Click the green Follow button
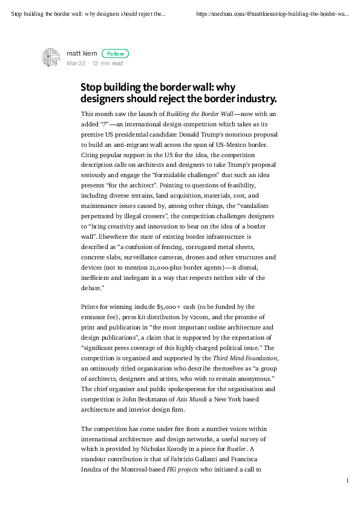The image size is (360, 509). (x=115, y=54)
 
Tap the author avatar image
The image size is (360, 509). (x=50, y=57)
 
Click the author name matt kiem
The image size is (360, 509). (x=82, y=54)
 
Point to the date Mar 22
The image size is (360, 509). (x=75, y=63)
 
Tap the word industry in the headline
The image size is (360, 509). (x=257, y=99)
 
